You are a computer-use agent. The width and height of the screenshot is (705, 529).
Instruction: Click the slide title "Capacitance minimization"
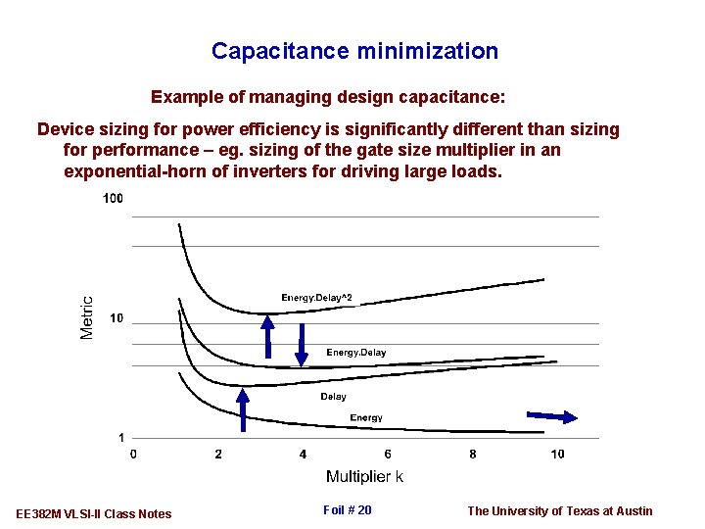click(x=354, y=51)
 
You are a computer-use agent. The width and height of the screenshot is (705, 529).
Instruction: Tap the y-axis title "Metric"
click(x=87, y=318)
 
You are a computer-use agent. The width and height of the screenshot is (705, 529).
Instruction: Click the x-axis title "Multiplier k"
click(x=364, y=477)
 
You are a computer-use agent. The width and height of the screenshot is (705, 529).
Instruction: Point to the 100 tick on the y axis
click(x=113, y=199)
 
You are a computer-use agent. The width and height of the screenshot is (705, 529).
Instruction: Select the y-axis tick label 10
click(x=116, y=318)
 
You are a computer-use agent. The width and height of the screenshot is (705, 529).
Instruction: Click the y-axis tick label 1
click(x=120, y=437)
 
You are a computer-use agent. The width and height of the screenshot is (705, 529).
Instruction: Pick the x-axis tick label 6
click(x=388, y=454)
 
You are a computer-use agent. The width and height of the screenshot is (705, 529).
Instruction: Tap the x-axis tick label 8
click(x=473, y=454)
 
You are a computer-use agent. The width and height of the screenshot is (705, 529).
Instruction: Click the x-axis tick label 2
click(x=218, y=454)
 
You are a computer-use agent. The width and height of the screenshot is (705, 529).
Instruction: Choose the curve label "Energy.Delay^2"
click(x=316, y=298)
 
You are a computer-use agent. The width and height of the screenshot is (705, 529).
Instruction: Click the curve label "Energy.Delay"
click(x=355, y=353)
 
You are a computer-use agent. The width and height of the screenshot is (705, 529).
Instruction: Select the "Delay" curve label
click(x=333, y=397)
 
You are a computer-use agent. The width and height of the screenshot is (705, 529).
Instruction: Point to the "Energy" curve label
click(x=366, y=418)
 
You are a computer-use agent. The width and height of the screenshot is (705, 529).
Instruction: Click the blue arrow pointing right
click(x=552, y=416)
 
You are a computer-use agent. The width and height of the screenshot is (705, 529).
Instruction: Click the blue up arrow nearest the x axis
click(x=243, y=409)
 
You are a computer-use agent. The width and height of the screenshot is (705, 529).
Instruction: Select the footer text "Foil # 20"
click(x=347, y=510)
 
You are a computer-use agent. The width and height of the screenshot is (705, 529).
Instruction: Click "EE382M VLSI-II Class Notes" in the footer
click(x=94, y=514)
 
